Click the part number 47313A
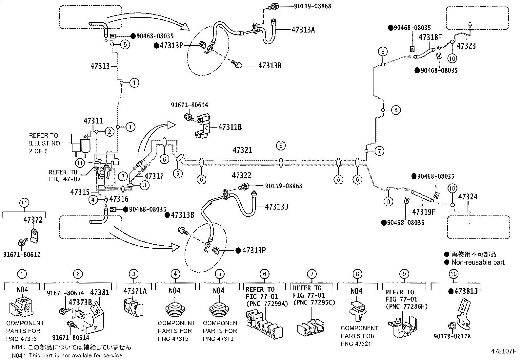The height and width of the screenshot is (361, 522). point(303,30)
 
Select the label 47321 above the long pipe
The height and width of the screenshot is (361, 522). point(242,151)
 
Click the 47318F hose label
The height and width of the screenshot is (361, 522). point(431,37)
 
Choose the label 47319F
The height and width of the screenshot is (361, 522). point(424,212)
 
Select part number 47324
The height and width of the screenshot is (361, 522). point(468,197)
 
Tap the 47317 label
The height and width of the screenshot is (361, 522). point(154,176)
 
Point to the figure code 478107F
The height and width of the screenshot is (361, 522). point(503,351)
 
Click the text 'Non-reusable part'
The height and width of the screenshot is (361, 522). point(478,262)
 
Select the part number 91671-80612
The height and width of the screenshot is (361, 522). point(22,255)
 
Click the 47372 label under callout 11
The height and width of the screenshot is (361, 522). point(33,220)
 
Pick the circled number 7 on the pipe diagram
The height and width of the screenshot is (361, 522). point(379,151)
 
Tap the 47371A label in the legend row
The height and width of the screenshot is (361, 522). point(135,291)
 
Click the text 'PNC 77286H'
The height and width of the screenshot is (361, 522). point(406,307)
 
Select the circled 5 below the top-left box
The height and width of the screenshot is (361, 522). point(125,44)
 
